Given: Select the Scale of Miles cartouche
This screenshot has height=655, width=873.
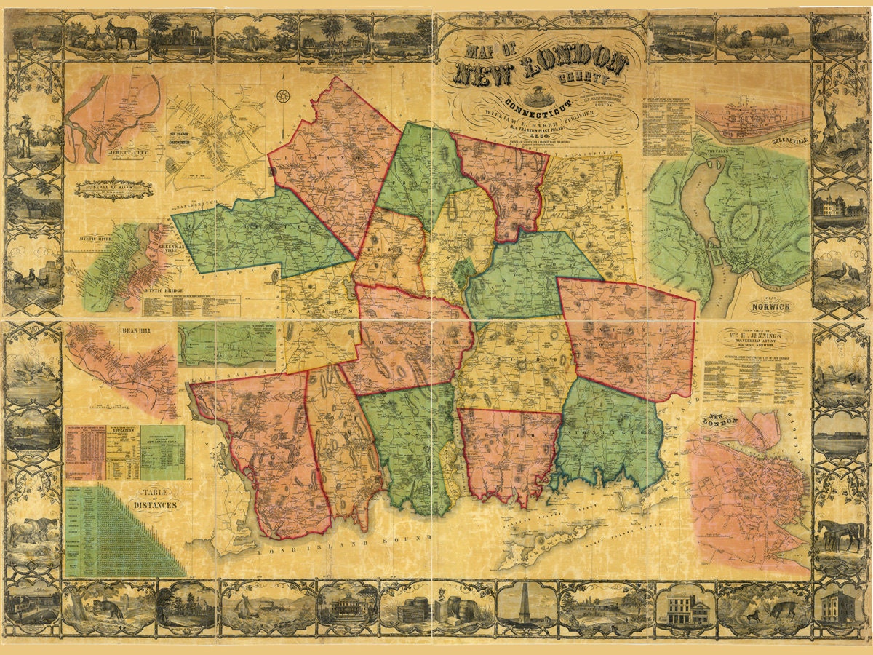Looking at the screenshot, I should pos(114,188).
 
